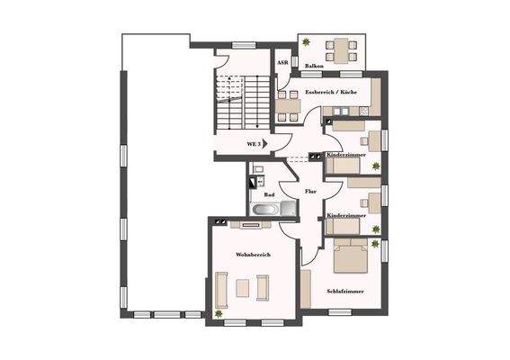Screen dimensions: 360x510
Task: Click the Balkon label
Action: (x=314, y=67)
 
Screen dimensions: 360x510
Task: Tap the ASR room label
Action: (x=282, y=63)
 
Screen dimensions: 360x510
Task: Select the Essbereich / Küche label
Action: (x=331, y=93)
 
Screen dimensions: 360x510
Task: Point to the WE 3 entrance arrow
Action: (x=266, y=143)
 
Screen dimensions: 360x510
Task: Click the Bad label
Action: (x=268, y=194)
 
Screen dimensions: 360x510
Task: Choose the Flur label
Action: (x=310, y=191)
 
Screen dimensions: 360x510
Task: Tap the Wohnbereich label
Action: (x=253, y=256)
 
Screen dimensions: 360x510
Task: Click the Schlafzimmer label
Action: (x=344, y=292)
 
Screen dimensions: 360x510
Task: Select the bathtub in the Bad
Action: (x=264, y=210)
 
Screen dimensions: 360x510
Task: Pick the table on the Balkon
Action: (x=340, y=47)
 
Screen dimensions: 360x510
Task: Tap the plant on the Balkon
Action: (x=308, y=42)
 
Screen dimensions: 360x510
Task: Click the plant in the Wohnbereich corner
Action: (x=219, y=313)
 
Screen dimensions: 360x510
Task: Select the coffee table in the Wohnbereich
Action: (x=241, y=288)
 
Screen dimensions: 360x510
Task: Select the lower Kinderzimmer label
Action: (x=345, y=216)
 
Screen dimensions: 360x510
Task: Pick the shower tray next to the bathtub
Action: (x=288, y=209)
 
